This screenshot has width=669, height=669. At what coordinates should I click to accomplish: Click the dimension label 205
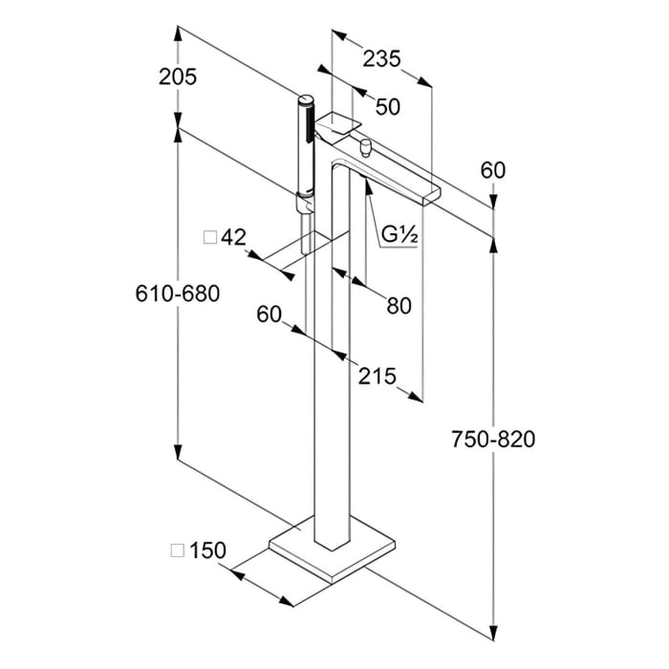[177, 77]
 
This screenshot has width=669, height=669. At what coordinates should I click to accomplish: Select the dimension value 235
[381, 58]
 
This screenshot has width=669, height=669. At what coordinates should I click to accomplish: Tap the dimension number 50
[387, 107]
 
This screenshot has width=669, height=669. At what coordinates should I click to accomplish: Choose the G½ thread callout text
[401, 234]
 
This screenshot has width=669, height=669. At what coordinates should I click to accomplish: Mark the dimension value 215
[377, 376]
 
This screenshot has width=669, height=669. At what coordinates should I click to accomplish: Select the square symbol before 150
[176, 550]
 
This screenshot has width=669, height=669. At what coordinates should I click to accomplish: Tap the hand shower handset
[306, 143]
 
